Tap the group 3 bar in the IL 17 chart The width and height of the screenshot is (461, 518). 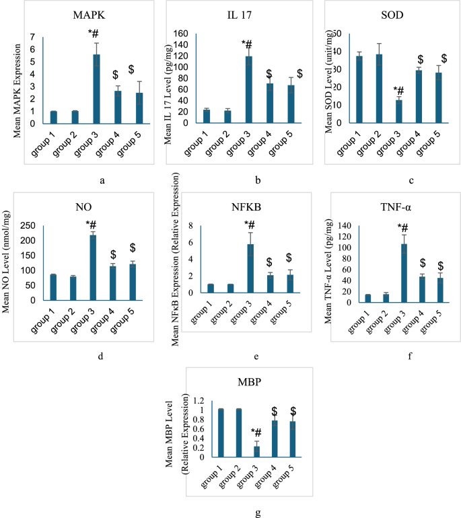pos(248,89)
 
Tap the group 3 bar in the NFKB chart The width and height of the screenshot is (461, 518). pos(250,268)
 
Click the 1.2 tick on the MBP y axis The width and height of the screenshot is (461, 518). pos(201,400)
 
